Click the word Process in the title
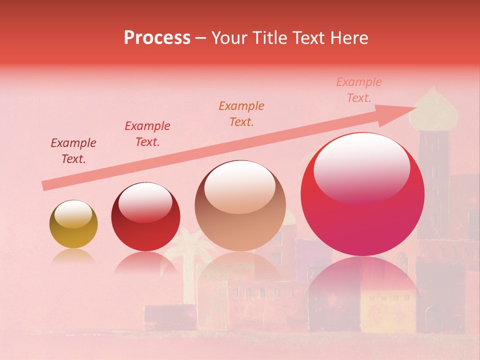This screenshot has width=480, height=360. pos(157,38)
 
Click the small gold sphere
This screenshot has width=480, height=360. pos(73,224)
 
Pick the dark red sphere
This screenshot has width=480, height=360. pos(145,217)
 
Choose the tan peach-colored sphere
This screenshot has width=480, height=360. pos(240,206)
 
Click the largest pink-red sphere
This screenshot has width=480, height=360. pos(362,195)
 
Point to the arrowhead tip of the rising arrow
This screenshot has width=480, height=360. pos(416,107)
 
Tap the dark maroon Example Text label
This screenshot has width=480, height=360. pos(73,151)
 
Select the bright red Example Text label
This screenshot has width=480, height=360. pos(147,134)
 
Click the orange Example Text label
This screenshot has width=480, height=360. pos(241,113)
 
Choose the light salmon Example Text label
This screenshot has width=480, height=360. pos(359,90)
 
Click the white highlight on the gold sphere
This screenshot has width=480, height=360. pos(73,214)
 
